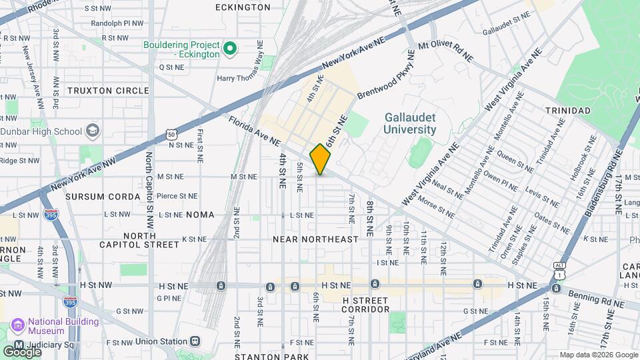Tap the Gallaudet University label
tap(410, 123)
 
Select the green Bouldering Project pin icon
tap(230, 48)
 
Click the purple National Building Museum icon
tap(17, 326)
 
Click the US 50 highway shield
tap(172, 135)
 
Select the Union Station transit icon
tap(194, 341)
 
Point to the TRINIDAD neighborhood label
tap(567, 110)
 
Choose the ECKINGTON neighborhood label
tap(243, 7)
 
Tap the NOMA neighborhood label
tap(201, 215)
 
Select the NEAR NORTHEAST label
tap(315, 239)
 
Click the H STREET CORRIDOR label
tap(365, 305)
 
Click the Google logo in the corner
tap(22, 351)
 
